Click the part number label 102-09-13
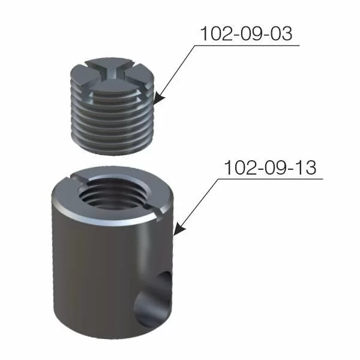point(269,167)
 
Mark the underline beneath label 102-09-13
point(273,178)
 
